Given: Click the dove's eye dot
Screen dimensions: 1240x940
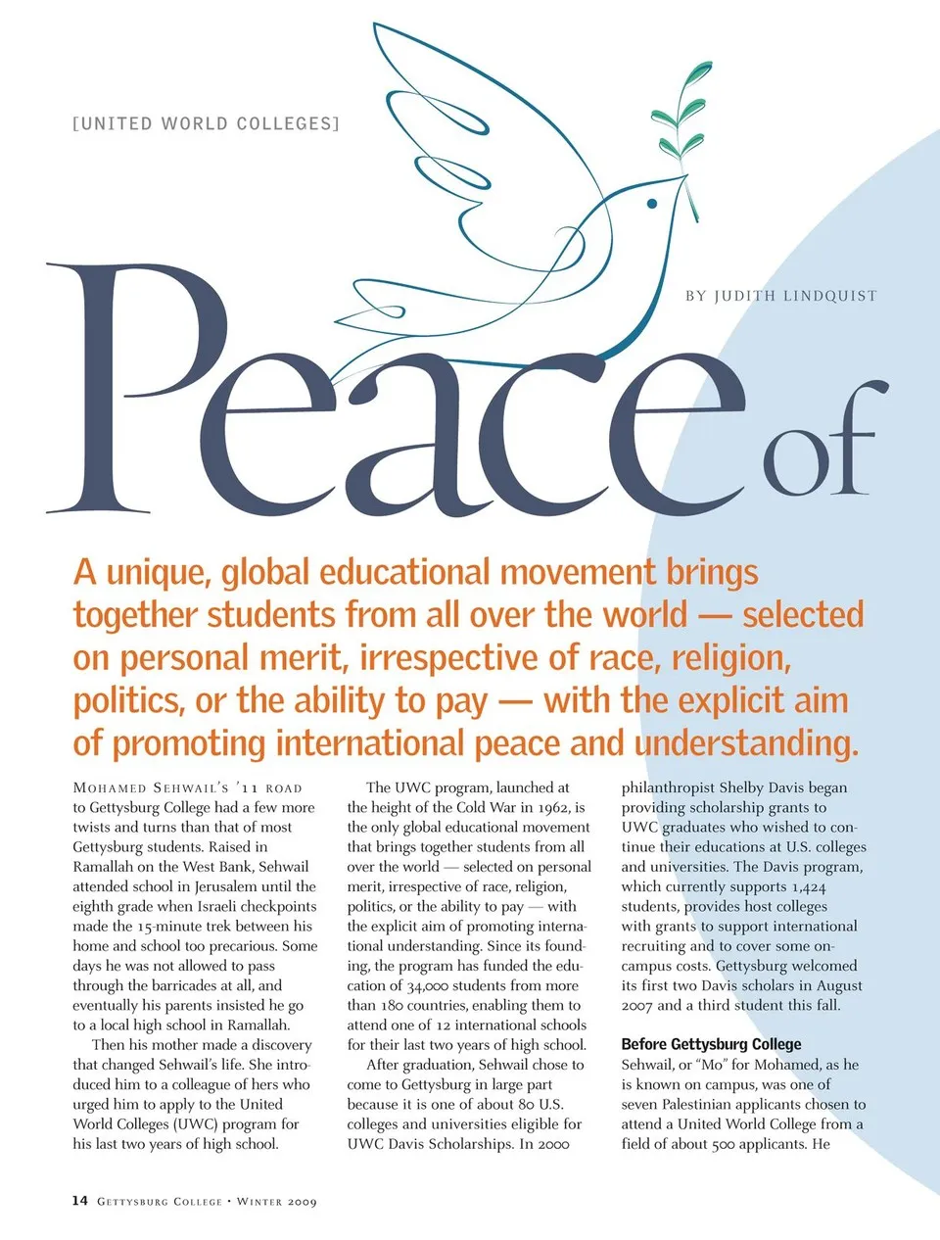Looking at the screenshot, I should click(651, 204).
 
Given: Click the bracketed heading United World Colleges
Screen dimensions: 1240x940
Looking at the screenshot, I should click(206, 123).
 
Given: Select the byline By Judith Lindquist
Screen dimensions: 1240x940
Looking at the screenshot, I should click(780, 296).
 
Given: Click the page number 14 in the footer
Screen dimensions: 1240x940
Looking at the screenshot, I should click(80, 1201).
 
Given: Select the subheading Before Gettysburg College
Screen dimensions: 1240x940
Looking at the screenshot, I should click(711, 1044).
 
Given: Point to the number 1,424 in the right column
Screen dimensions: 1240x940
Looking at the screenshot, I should click(805, 887).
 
